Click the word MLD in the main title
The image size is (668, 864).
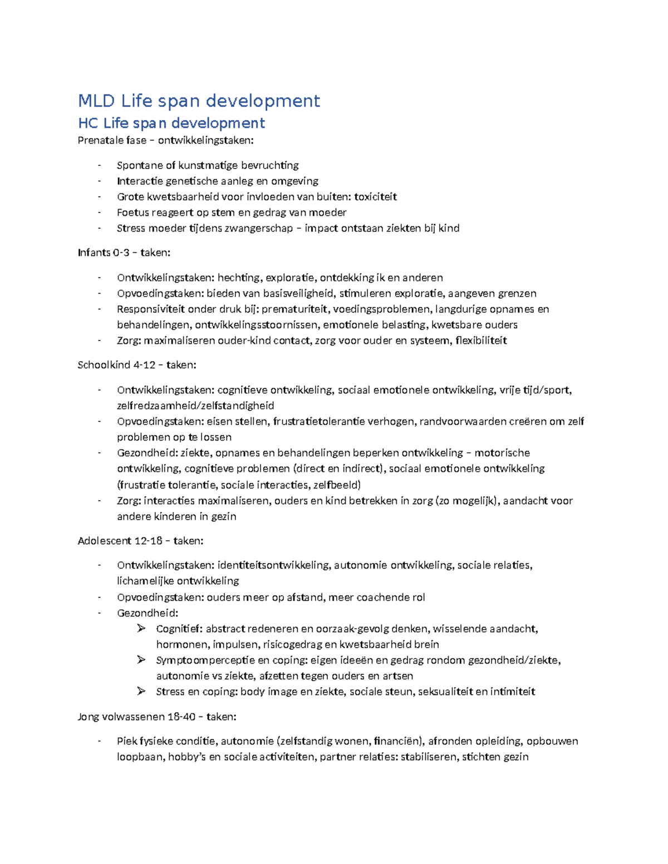(x=96, y=101)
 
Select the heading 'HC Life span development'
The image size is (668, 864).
(x=171, y=122)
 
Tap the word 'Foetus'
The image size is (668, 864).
(x=132, y=212)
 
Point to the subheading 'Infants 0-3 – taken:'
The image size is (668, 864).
(x=124, y=253)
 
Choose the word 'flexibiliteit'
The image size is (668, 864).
(x=481, y=340)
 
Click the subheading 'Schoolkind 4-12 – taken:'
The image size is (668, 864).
(x=137, y=365)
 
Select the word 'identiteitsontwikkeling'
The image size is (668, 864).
(x=273, y=565)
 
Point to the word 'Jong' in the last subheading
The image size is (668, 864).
(x=88, y=717)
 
